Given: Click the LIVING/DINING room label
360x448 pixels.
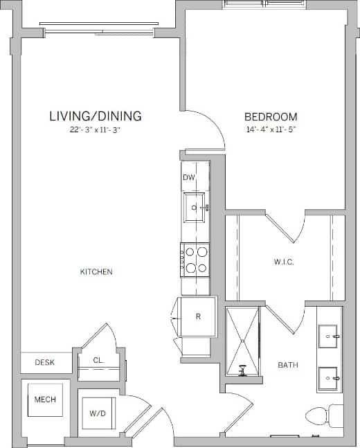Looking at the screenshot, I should [x=96, y=116].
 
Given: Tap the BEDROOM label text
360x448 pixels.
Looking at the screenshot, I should [x=271, y=117].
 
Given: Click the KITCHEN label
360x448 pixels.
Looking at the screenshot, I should [x=96, y=272].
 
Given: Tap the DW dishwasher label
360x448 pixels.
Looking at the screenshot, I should [x=188, y=178].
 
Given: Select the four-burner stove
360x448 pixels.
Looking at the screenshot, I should [x=195, y=260].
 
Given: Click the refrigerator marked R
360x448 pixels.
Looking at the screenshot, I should [x=198, y=316].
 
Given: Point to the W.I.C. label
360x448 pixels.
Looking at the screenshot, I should [x=284, y=262].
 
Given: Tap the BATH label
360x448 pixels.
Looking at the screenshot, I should [x=288, y=365].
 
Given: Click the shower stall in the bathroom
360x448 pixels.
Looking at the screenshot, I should [x=243, y=341].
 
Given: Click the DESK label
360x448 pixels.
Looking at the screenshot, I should [x=45, y=362].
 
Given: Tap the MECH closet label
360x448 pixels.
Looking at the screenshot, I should [x=45, y=400].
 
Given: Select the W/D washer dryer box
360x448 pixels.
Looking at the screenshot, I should [x=97, y=413].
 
